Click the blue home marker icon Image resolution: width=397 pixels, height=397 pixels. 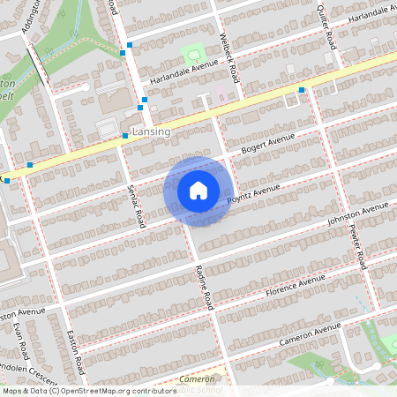(x=198, y=190)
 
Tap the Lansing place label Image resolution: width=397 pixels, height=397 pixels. (x=150, y=131)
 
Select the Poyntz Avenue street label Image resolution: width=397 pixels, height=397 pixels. (x=253, y=194)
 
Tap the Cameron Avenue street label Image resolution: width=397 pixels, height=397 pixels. (x=310, y=334)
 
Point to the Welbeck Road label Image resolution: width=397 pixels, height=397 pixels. (x=229, y=58)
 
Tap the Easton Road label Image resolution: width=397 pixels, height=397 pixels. (x=76, y=351)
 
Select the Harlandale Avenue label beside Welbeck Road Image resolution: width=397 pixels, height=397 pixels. (x=183, y=71)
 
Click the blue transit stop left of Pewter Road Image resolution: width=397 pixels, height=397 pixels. (x=302, y=90)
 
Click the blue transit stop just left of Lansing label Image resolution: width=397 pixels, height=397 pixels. (x=125, y=136)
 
